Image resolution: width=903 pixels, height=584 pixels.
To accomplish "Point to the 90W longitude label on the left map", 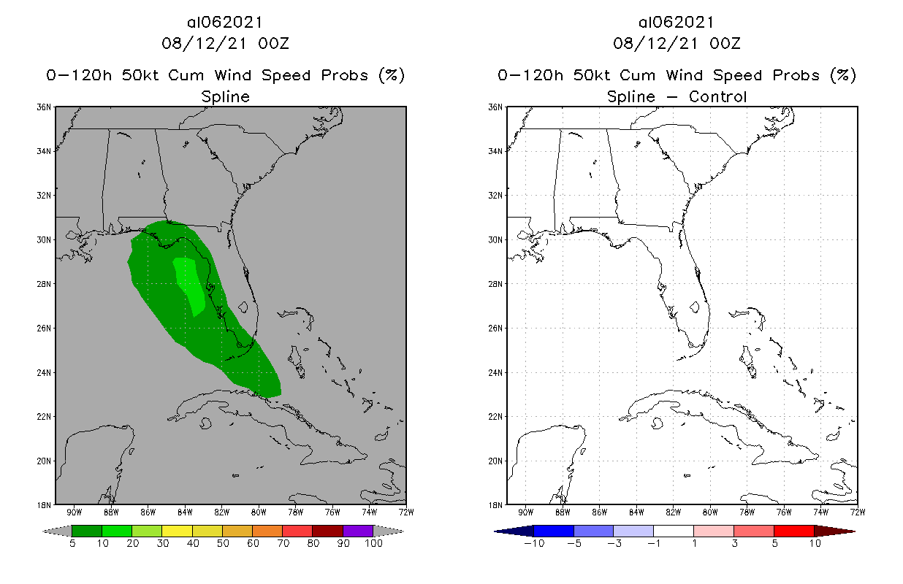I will (74, 511).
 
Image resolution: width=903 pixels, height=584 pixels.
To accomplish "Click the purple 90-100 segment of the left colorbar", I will (358, 531).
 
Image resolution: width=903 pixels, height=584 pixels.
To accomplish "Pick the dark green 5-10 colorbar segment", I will (87, 531).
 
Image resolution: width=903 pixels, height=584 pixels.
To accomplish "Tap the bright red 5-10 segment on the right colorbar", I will (793, 531).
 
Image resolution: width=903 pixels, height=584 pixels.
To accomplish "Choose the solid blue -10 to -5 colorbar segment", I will (554, 531).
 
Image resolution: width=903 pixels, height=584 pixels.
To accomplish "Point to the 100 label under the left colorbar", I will (373, 543).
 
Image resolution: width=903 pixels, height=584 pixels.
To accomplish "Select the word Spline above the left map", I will (225, 96).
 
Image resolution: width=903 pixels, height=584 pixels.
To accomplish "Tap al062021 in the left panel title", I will (225, 22).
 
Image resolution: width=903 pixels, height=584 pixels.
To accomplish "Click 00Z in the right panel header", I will (725, 43).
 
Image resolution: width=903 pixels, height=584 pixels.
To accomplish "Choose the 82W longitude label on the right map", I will (673, 511).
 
